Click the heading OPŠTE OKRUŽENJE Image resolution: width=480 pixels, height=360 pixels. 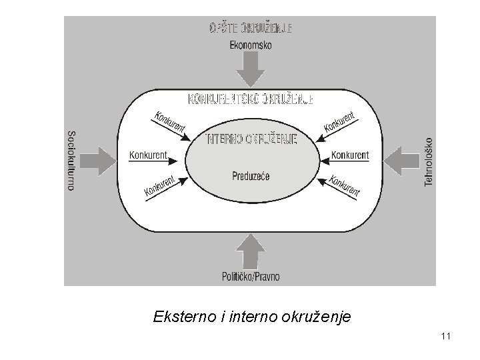(251, 29)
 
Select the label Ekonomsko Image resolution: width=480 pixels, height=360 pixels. (251, 45)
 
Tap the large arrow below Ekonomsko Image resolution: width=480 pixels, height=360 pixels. (251, 69)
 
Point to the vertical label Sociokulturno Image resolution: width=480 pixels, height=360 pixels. (71, 159)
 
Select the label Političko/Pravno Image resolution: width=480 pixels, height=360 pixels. (251, 276)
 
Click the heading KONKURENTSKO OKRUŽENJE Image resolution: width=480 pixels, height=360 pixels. (251, 99)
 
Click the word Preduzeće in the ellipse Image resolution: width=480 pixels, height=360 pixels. (251, 176)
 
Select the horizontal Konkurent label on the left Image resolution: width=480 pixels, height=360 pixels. (147, 155)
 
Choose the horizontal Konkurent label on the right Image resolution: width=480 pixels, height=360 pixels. (350, 155)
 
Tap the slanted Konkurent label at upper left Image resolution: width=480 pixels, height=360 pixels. (169, 121)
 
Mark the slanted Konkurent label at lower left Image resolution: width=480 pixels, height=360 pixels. (160, 187)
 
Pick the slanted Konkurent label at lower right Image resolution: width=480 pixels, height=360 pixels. (345, 187)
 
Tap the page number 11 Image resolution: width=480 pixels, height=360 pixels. (446, 337)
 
